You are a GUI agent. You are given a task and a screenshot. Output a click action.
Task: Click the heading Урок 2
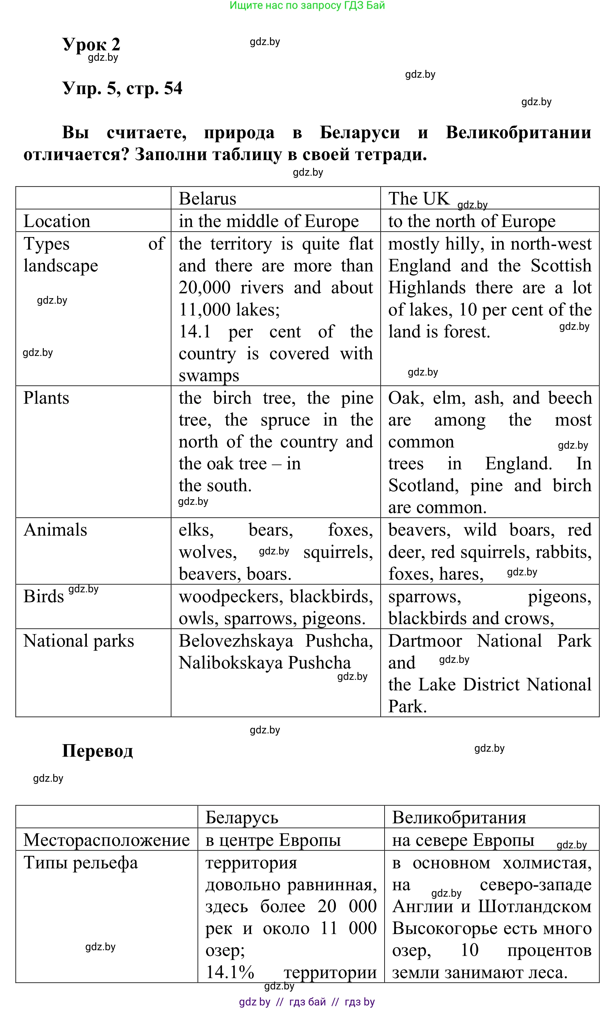point(91,44)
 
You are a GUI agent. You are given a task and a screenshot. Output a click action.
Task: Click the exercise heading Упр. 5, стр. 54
point(122,88)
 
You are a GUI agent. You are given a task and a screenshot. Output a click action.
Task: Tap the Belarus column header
point(207,199)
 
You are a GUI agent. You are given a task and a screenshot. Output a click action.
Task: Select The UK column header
point(418,199)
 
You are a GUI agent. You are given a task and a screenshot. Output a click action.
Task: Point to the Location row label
point(56,221)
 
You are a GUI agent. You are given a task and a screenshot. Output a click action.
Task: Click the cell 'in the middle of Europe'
point(269,221)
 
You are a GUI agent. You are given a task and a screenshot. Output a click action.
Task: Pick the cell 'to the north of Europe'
point(472,221)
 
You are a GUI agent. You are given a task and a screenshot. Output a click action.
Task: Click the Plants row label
point(46,398)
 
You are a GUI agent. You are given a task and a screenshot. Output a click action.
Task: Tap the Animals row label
point(55,530)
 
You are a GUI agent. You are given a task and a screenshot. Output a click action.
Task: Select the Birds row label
point(43,597)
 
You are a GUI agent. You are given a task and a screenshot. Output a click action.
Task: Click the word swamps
point(209,376)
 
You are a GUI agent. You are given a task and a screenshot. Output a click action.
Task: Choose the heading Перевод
point(98,751)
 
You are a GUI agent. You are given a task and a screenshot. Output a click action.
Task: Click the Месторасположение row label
point(106,840)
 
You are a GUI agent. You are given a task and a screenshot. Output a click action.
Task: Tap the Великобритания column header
point(459,818)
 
